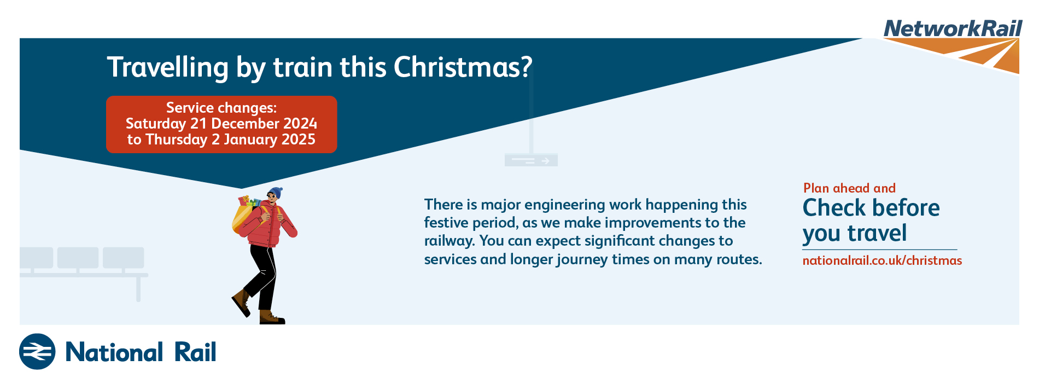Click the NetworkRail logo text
953,28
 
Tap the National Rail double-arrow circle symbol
37,351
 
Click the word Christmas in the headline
463,67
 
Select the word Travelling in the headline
167,68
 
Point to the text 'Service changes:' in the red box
221,107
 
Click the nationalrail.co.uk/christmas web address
882,260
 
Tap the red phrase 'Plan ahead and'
849,188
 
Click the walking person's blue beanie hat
275,193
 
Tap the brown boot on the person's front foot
271,317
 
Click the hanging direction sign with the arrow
531,160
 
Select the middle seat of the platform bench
78,258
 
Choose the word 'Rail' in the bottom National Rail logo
195,352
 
